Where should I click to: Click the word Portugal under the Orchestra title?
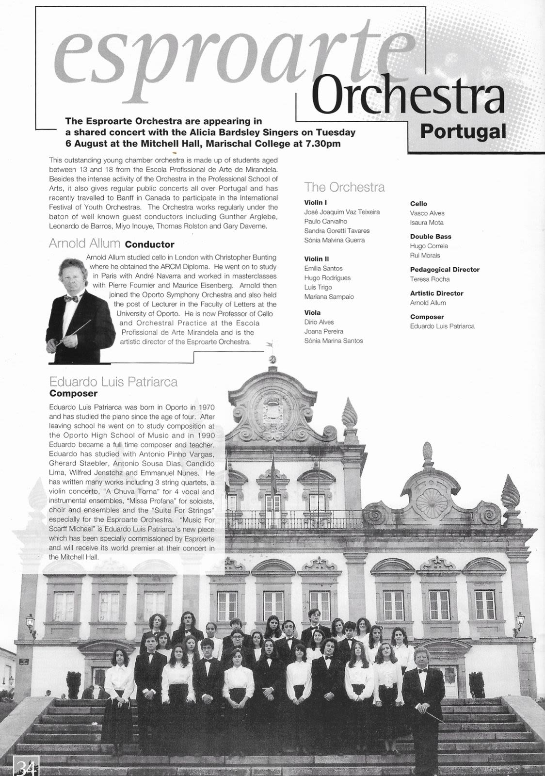click(x=463, y=131)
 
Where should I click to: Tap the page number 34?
click(x=25, y=767)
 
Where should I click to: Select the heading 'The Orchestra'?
click(x=344, y=187)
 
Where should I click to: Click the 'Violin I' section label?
click(x=315, y=202)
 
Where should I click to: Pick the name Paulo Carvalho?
click(x=325, y=221)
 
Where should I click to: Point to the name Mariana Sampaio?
click(x=329, y=296)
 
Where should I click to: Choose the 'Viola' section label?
click(x=312, y=313)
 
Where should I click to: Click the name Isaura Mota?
click(x=426, y=223)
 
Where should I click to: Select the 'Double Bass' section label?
click(x=431, y=237)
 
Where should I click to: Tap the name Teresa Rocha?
click(x=430, y=279)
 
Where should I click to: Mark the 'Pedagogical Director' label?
click(x=445, y=270)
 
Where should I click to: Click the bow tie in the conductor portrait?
click(x=71, y=298)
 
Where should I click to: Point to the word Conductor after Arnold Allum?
click(x=149, y=244)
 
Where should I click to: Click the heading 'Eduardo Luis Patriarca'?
click(x=113, y=382)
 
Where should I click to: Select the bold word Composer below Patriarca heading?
click(x=73, y=393)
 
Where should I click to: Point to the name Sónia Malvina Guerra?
click(x=334, y=240)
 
